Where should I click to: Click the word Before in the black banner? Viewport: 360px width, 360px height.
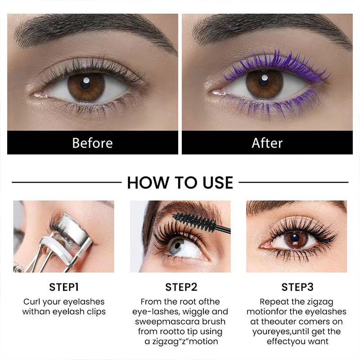[93, 143]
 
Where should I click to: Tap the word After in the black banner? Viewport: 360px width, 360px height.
[267, 143]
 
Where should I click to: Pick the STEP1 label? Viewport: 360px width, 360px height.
[64, 287]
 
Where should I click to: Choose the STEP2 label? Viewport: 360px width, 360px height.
[181, 287]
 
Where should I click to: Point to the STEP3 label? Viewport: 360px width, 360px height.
[297, 287]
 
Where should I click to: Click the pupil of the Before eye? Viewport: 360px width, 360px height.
[85, 83]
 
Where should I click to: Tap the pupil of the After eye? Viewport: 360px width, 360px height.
[264, 81]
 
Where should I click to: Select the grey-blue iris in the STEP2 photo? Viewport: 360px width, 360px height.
[176, 246]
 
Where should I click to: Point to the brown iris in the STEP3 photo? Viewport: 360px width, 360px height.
[296, 240]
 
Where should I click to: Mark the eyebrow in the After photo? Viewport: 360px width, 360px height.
[271, 30]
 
